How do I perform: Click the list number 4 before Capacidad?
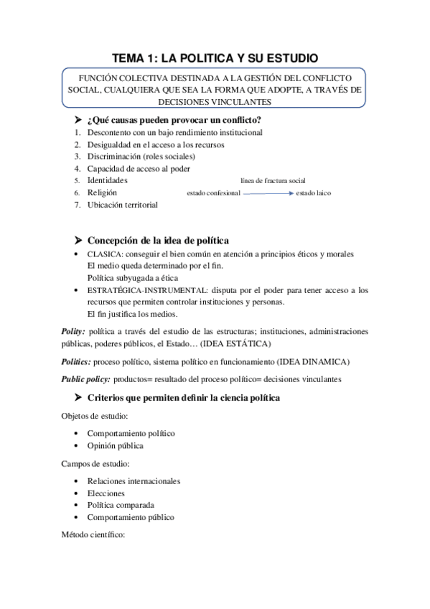coord(77,169)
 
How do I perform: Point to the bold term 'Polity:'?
coord(74,332)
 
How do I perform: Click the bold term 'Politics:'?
coord(77,361)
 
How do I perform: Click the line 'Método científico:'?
coord(94,535)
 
